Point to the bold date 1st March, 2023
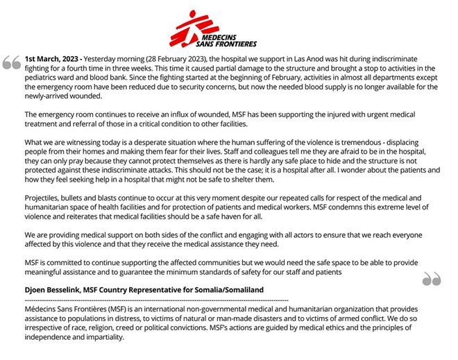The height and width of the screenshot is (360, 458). point(53,59)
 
